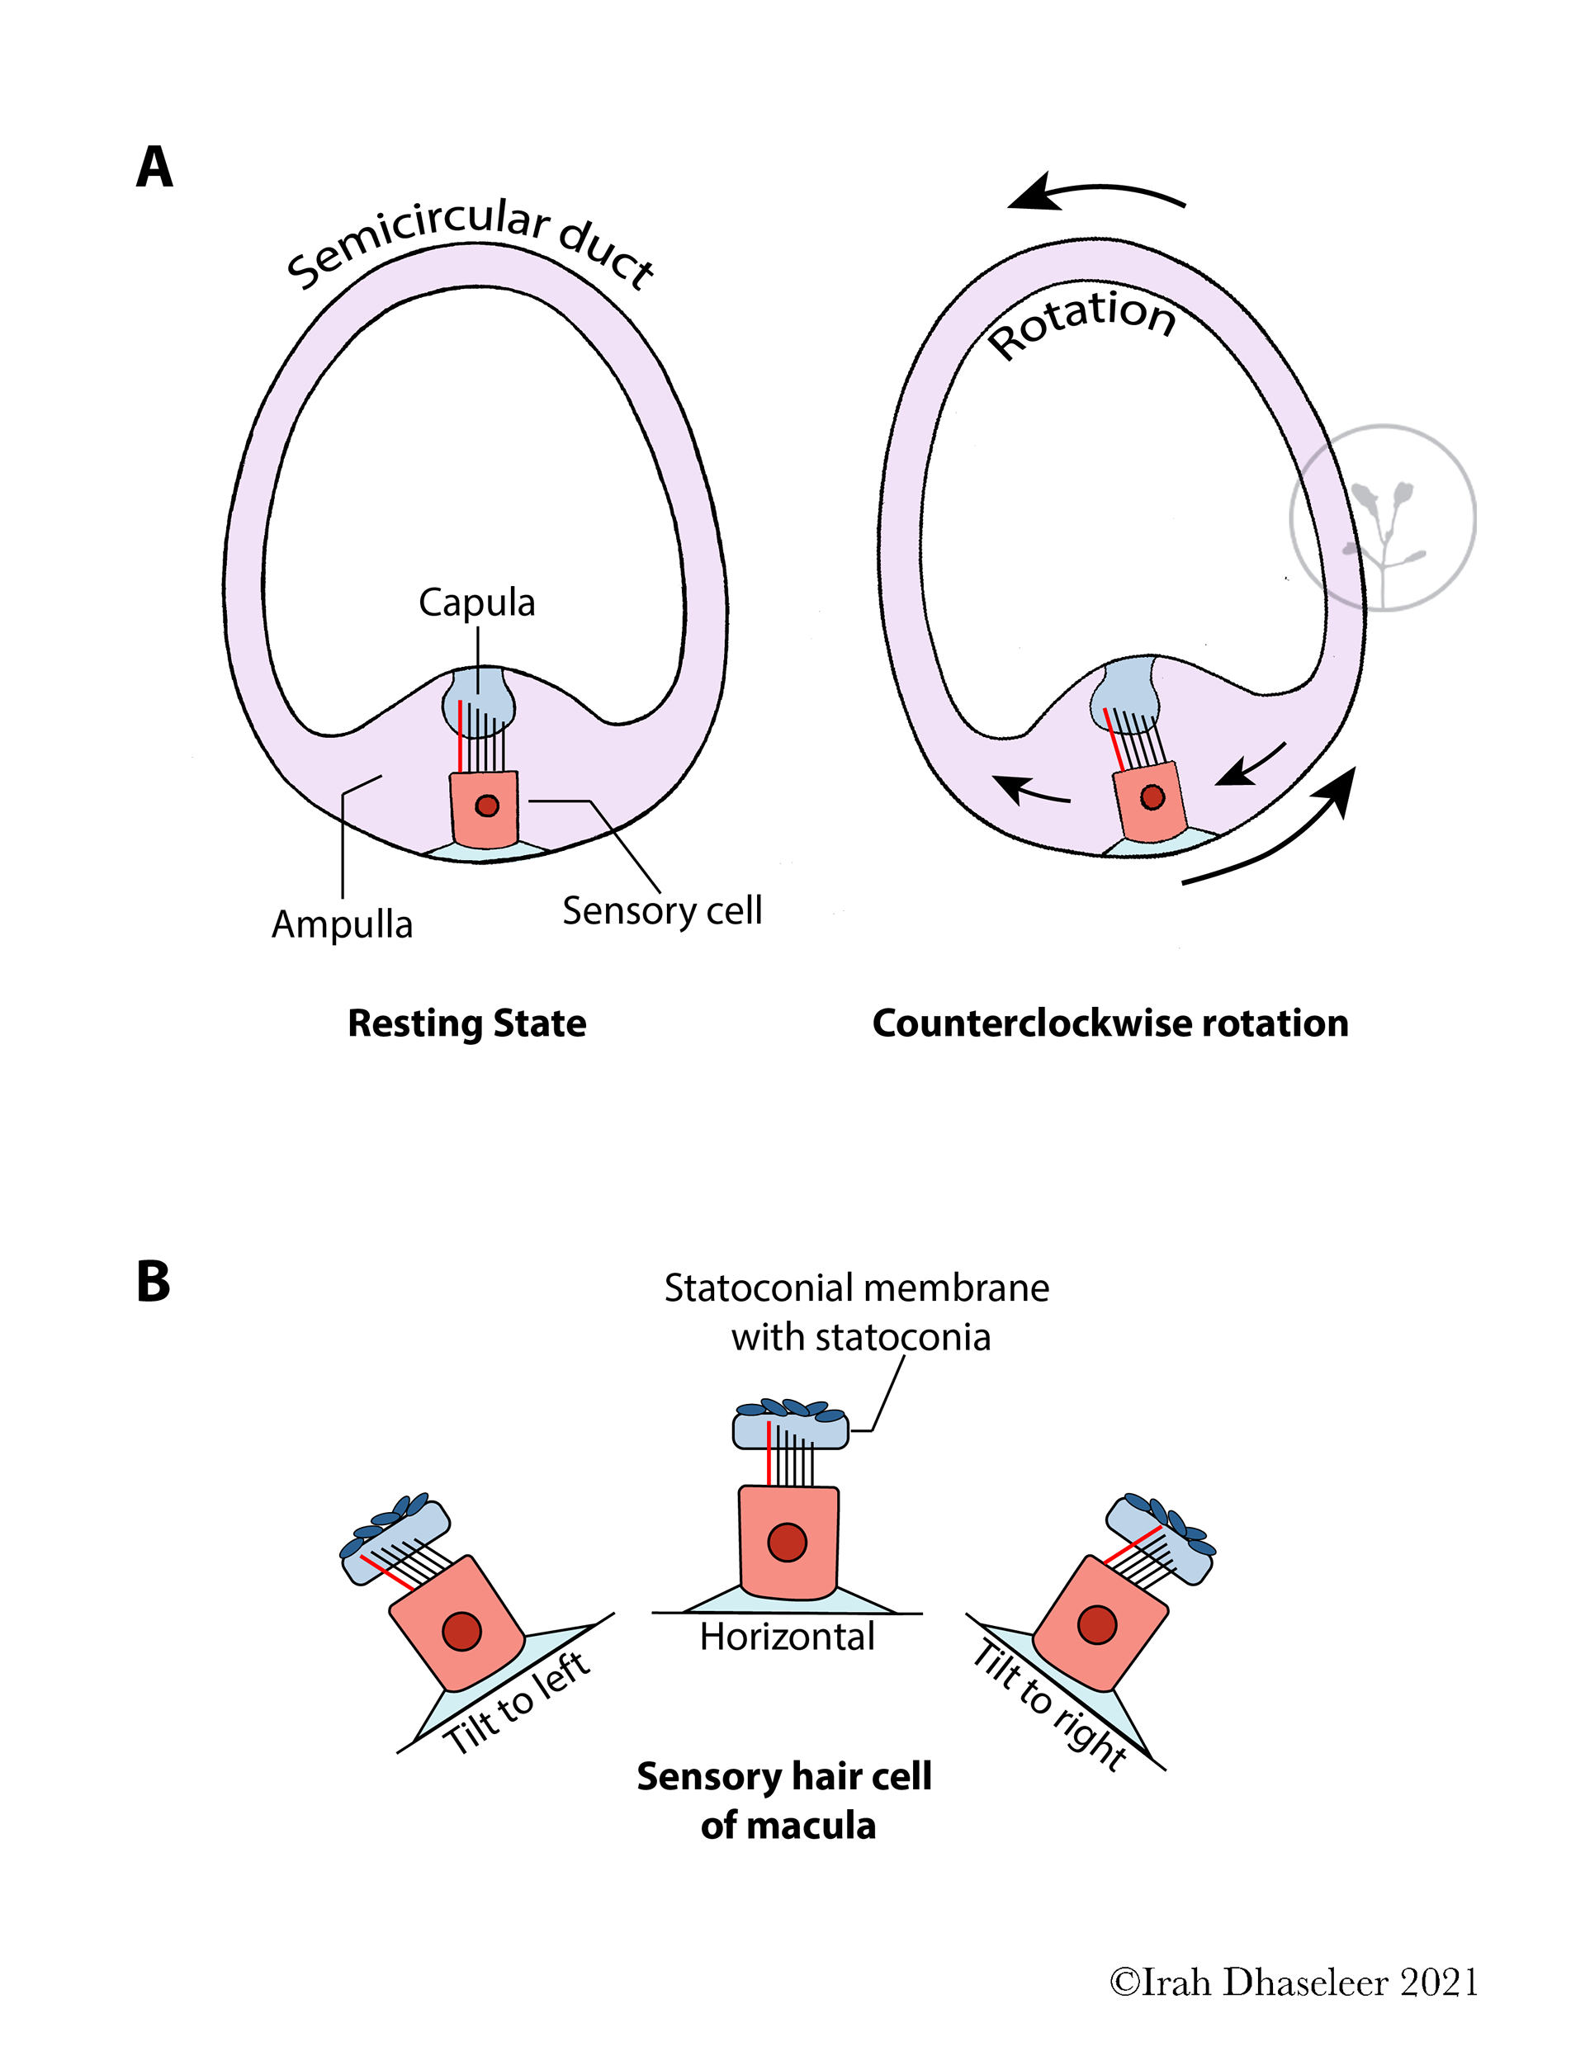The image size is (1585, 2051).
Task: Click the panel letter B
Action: (154, 1281)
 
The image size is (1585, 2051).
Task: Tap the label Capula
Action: (476, 603)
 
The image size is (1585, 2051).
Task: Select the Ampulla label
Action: (342, 924)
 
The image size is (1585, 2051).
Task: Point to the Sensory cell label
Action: (661, 910)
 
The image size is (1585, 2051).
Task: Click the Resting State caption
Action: (467, 1023)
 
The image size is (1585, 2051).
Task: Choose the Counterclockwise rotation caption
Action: (1109, 1023)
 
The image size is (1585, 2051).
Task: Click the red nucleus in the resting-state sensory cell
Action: (487, 806)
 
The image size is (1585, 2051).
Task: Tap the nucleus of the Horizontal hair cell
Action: (787, 1542)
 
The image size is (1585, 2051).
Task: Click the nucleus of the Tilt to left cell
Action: (461, 1631)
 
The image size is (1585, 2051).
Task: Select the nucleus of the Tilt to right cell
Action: (1096, 1624)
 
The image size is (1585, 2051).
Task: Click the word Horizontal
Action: (788, 1637)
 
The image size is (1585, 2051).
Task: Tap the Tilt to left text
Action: (517, 1703)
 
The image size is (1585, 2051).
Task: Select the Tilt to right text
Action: (1049, 1704)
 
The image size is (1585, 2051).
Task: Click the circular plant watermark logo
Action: (1382, 517)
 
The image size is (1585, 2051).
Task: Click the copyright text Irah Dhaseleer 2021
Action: (1293, 1982)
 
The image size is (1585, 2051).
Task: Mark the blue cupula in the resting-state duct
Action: (478, 700)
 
